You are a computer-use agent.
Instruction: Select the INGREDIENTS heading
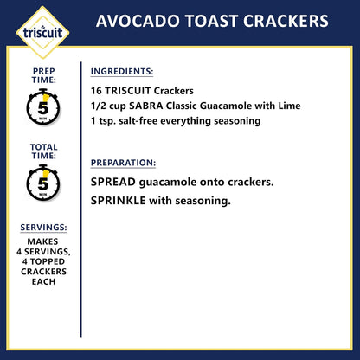(123, 71)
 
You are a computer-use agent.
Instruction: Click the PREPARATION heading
(124, 162)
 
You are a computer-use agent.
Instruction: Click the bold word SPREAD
(114, 183)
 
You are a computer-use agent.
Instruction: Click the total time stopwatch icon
(43, 183)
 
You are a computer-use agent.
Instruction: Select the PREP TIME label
(43, 76)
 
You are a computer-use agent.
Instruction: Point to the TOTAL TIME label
(43, 152)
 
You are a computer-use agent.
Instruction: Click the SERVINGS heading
(43, 228)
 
